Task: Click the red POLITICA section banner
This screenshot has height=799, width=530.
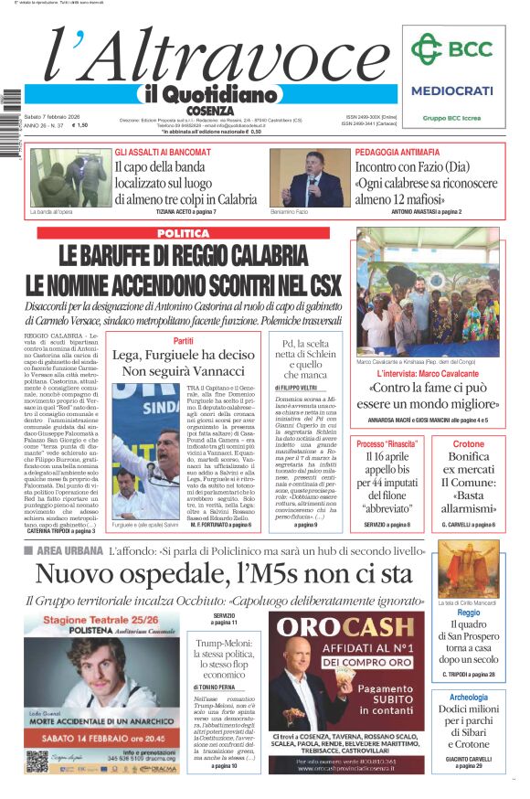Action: click(x=184, y=234)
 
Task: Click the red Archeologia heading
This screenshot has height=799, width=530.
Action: click(x=469, y=697)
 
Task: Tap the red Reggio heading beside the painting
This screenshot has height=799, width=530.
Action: click(x=469, y=613)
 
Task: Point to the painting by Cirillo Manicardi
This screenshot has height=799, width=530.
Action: click(x=469, y=569)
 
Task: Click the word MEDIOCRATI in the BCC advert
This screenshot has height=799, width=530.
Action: click(x=452, y=91)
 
